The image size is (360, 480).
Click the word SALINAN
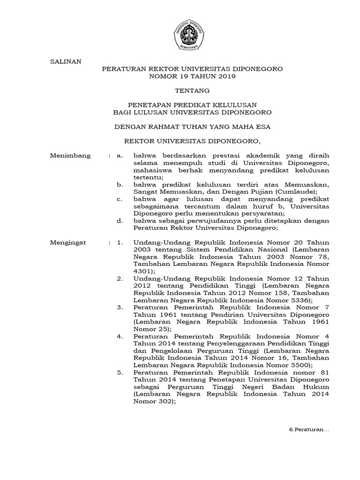[66, 61]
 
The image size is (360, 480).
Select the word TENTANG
[192, 90]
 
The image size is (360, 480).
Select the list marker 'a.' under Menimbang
[120, 156]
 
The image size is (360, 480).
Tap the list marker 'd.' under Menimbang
[120, 221]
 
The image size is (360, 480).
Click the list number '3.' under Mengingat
[120, 308]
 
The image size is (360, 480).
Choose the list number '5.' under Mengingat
[120, 373]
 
